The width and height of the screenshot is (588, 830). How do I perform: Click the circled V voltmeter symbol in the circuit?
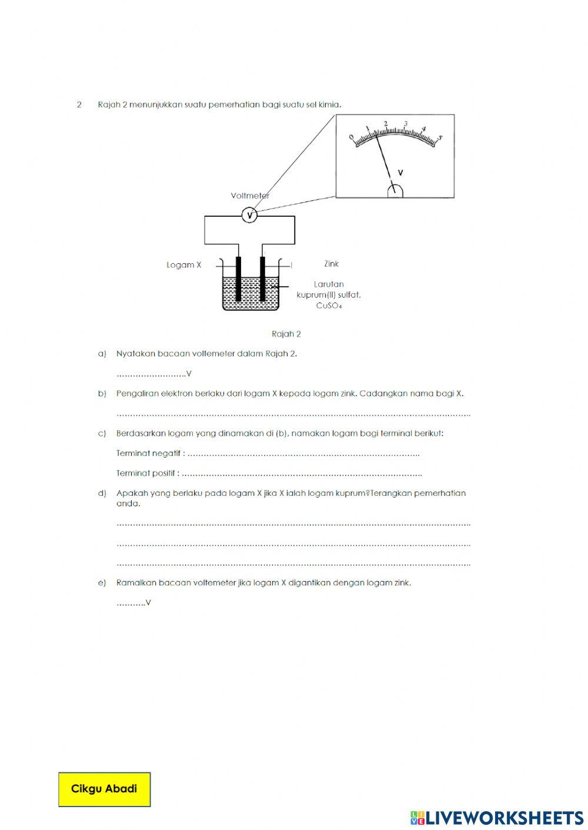pos(249,216)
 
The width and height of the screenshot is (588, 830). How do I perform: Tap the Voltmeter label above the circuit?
pos(250,196)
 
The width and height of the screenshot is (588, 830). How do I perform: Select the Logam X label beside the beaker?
pos(183,265)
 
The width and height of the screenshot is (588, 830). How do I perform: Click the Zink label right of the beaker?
pos(331,264)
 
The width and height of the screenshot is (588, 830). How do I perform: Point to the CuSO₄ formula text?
pos(329,305)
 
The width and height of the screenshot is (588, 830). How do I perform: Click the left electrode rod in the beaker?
pos(238,278)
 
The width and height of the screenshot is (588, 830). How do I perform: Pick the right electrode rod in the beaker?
pos(262,278)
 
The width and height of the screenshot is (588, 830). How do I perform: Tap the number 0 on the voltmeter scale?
pos(352,137)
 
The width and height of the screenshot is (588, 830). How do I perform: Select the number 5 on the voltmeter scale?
pos(440,139)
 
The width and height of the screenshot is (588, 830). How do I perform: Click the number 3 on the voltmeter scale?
pos(406,124)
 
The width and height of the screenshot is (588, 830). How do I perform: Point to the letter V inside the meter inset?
pos(400,173)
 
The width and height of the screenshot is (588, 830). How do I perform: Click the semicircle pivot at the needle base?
pos(395,191)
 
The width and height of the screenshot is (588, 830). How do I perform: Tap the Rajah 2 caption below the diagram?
pos(286,334)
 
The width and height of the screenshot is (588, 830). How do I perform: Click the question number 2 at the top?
pos(79,105)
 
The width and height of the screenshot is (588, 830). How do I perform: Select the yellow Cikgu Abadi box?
pos(104,789)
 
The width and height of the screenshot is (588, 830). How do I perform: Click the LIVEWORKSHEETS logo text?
pos(504,818)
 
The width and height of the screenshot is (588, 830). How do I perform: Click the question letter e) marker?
pos(102,583)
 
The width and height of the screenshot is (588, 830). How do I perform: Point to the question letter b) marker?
pos(102,394)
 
